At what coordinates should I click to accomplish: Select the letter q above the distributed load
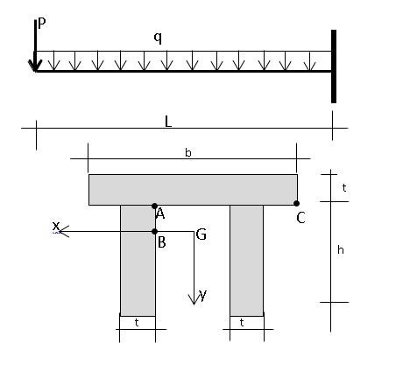tap(158, 38)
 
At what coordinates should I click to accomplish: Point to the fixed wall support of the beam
tap(333, 66)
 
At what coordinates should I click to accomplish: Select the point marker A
tap(155, 206)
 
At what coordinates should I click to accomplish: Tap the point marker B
tap(155, 232)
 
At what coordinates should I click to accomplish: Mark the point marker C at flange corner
tap(296, 204)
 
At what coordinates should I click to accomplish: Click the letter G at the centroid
tap(201, 234)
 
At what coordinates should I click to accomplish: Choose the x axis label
tap(56, 227)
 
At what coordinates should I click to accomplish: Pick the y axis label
tap(203, 295)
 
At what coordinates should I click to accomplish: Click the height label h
tap(341, 250)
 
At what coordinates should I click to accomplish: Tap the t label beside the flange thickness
tap(343, 187)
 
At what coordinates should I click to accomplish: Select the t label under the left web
tap(137, 322)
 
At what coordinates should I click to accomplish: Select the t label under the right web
tap(246, 322)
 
